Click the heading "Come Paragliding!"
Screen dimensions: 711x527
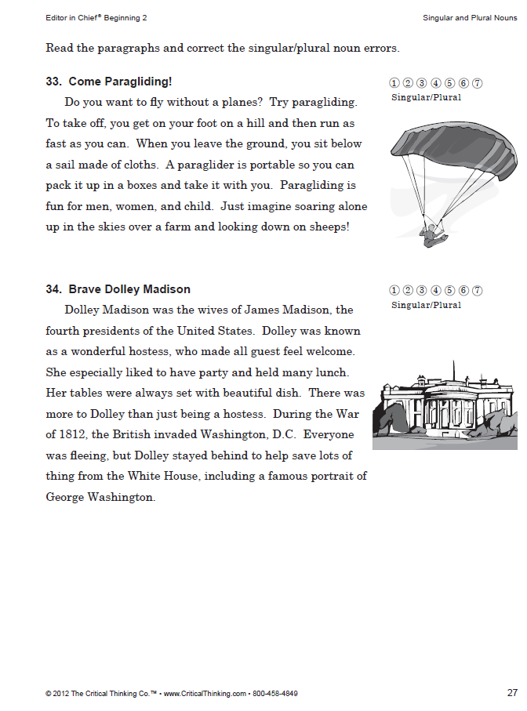(x=120, y=82)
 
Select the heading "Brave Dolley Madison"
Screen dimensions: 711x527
(x=129, y=289)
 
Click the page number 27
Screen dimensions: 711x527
(x=512, y=693)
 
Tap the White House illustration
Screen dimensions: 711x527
(x=445, y=404)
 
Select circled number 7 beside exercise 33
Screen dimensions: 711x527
(x=478, y=83)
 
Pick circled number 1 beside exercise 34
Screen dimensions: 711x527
(x=395, y=291)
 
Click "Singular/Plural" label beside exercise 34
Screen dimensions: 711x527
(x=426, y=305)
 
